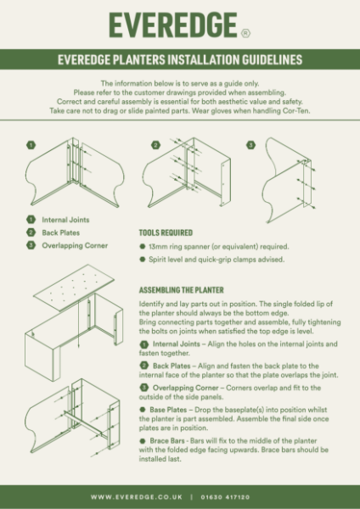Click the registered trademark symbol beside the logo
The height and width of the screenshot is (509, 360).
pyautogui.click(x=245, y=34)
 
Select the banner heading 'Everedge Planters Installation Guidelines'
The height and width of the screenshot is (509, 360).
pyautogui.click(x=180, y=61)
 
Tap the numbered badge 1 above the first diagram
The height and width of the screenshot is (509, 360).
pyautogui.click(x=30, y=145)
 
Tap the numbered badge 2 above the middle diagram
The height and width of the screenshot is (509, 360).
pyautogui.click(x=155, y=145)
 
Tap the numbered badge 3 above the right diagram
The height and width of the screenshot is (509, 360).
pyautogui.click(x=251, y=145)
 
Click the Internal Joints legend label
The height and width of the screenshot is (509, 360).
pyautogui.click(x=65, y=219)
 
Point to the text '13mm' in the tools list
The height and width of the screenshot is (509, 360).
pyautogui.click(x=160, y=245)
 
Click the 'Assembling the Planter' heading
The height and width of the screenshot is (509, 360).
pyautogui.click(x=181, y=289)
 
